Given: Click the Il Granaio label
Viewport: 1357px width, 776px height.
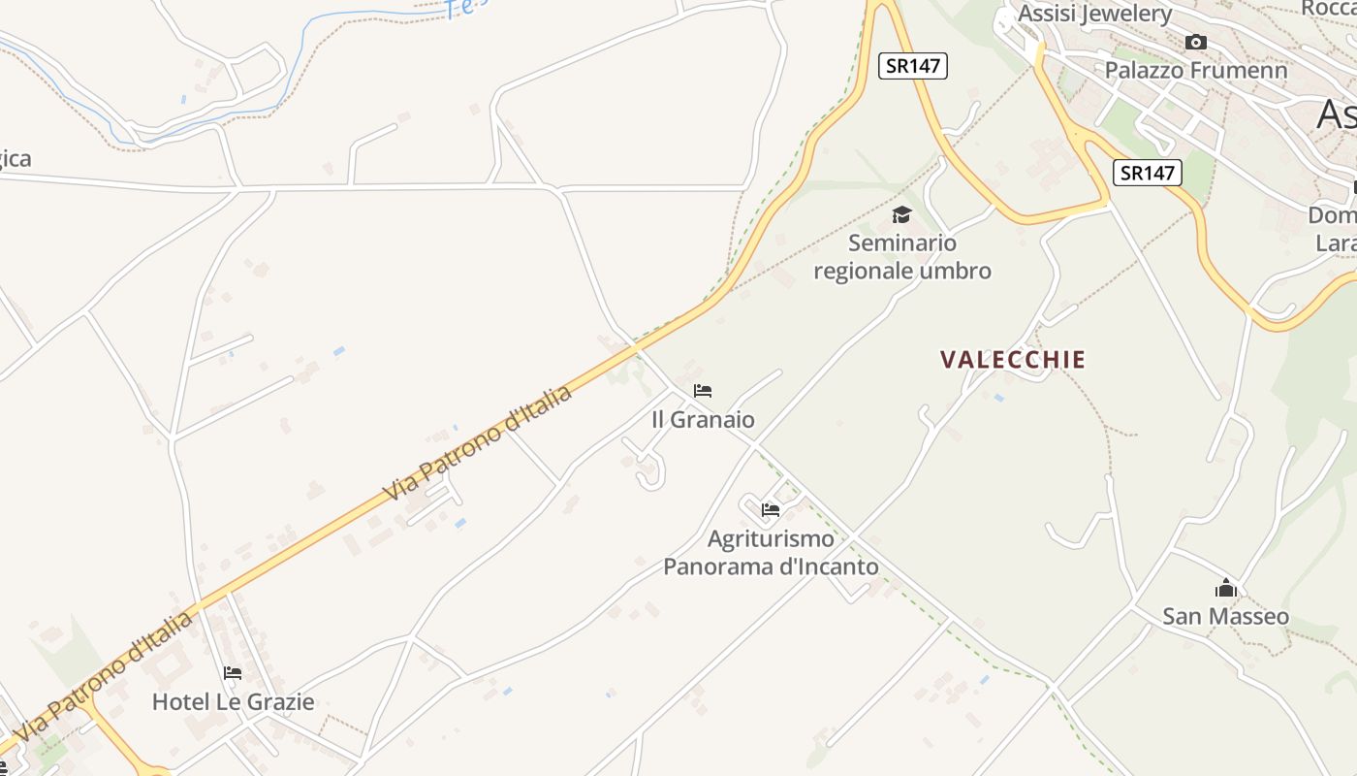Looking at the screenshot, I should pyautogui.click(x=703, y=419).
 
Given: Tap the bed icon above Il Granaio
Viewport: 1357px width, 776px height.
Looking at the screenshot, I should pyautogui.click(x=703, y=391).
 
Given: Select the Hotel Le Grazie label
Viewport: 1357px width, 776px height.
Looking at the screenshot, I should pyautogui.click(x=233, y=701).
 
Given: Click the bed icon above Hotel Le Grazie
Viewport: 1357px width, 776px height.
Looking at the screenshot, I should pyautogui.click(x=233, y=672).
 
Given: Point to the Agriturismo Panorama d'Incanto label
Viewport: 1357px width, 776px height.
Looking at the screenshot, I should pyautogui.click(x=771, y=552).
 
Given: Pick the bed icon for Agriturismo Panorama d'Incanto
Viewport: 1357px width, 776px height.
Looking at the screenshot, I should pyautogui.click(x=771, y=509).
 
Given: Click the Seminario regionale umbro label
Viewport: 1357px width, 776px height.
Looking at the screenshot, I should pyautogui.click(x=902, y=256).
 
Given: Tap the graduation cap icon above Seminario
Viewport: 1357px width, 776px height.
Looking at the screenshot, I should pyautogui.click(x=902, y=214).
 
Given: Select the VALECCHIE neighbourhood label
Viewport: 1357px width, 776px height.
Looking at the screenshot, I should pyautogui.click(x=1013, y=359).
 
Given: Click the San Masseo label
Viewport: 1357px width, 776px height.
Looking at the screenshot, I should pyautogui.click(x=1225, y=616).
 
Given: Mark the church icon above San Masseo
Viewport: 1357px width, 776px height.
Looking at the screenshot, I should pyautogui.click(x=1226, y=588).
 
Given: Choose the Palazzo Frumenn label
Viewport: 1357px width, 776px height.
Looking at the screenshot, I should pyautogui.click(x=1196, y=70).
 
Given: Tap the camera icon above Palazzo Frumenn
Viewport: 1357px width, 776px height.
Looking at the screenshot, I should pyautogui.click(x=1196, y=42).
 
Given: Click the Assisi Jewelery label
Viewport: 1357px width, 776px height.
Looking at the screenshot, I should pyautogui.click(x=1094, y=14).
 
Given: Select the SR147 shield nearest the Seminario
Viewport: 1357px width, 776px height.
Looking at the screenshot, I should pyautogui.click(x=912, y=66).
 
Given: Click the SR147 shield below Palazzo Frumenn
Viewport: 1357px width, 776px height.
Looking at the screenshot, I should pyautogui.click(x=1148, y=173).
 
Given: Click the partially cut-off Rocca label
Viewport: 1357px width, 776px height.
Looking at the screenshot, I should pyautogui.click(x=1328, y=8).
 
